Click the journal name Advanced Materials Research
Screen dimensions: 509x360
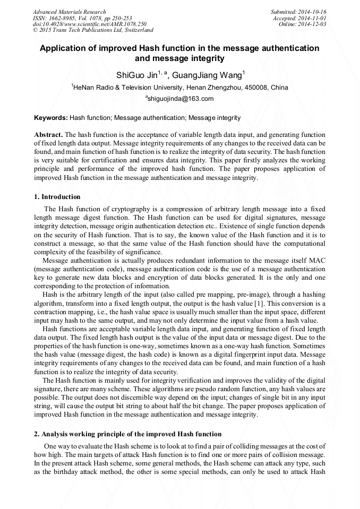pos(69,12)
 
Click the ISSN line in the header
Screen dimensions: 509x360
pos(82,18)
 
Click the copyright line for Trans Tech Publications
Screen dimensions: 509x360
pos(93,30)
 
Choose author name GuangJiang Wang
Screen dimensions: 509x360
pos(207,75)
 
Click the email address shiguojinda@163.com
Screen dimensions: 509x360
pos(181,99)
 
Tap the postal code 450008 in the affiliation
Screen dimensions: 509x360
pos(255,87)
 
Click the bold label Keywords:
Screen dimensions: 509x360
pos(51,118)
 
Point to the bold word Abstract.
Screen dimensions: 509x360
pos(48,135)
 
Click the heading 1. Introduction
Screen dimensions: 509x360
pos(57,197)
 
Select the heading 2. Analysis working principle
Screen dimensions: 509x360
pos(127,434)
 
